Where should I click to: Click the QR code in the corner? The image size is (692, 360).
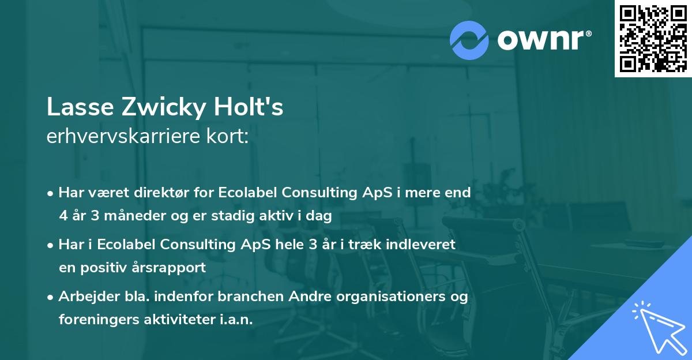click(x=653, y=38)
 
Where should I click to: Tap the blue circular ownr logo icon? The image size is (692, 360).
click(x=469, y=40)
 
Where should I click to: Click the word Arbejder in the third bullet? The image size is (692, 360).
click(x=84, y=296)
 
